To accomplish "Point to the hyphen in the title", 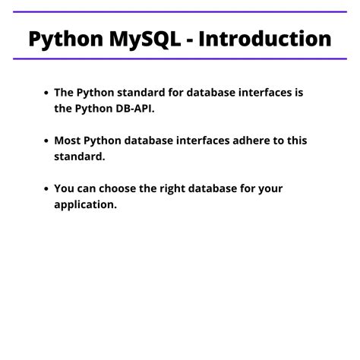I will pyautogui.click(x=193, y=39).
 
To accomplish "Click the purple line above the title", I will pyautogui.click(x=180, y=12).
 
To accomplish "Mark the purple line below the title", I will pyautogui.click(x=180, y=58).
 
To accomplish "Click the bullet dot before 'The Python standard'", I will pyautogui.click(x=47, y=93).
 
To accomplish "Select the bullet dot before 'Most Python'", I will pyautogui.click(x=47, y=141).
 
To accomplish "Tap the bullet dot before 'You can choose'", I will pyautogui.click(x=47, y=188).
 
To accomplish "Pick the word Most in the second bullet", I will pyautogui.click(x=67, y=141).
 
